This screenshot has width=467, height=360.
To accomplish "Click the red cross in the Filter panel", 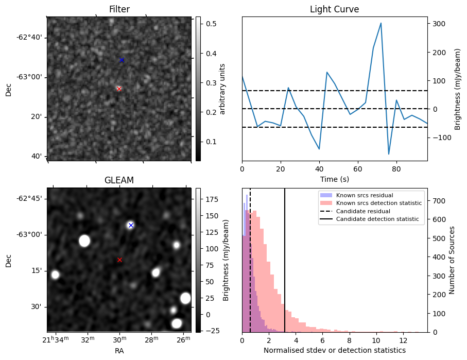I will click(x=119, y=89).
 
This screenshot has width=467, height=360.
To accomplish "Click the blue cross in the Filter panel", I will click(x=122, y=60).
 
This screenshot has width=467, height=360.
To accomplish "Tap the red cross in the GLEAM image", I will click(x=119, y=260).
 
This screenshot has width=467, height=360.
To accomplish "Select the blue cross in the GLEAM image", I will click(x=131, y=225).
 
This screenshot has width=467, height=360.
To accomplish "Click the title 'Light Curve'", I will click(x=334, y=10).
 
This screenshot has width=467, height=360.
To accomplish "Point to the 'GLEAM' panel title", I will click(x=119, y=180).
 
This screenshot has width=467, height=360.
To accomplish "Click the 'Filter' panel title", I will click(x=119, y=10).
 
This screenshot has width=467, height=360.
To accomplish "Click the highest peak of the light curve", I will click(x=380, y=23).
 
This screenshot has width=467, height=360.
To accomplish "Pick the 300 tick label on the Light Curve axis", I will click(x=438, y=24).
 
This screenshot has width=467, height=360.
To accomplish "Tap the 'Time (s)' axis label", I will click(x=334, y=179).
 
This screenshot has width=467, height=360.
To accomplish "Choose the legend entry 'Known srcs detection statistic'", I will click(x=378, y=203).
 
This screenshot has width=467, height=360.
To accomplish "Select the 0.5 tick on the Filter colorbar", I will click(x=211, y=24).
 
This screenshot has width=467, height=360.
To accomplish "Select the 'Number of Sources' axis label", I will click(x=452, y=260).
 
